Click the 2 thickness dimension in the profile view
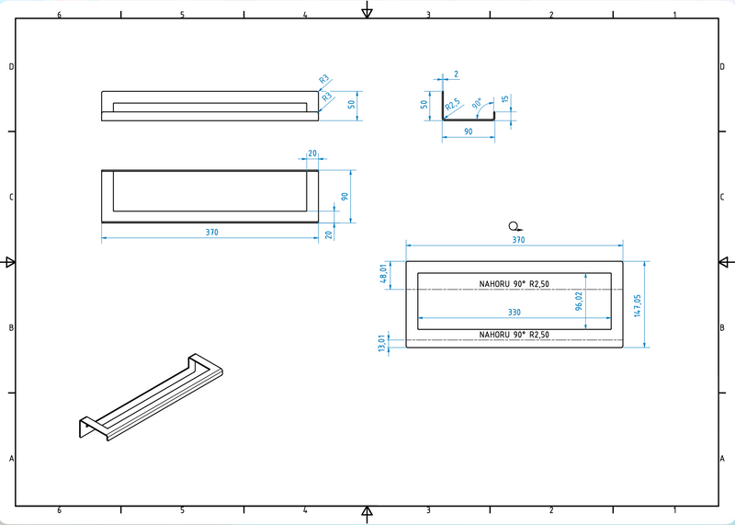456,74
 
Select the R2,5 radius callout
453,107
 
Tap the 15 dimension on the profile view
505,100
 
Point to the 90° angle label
477,103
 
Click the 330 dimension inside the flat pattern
514,313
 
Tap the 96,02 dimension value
579,301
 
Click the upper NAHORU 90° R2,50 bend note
514,284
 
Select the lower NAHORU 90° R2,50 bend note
514,335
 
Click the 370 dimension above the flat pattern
517,240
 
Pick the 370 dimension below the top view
211,233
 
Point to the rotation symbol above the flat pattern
514,225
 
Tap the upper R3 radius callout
324,80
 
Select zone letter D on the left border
11,66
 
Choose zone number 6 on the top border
59,15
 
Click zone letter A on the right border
724,459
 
